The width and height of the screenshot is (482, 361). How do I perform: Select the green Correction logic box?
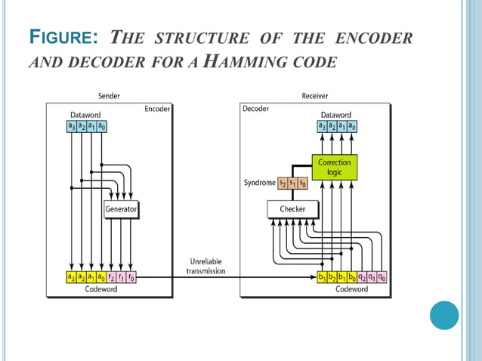(x=333, y=167)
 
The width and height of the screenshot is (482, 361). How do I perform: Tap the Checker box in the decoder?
(x=292, y=208)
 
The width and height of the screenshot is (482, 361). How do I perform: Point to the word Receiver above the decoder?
(x=314, y=96)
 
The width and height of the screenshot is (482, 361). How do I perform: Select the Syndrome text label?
(x=259, y=184)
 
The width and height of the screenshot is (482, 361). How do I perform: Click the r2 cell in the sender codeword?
(x=110, y=277)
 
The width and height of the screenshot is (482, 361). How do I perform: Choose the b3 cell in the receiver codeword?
(x=322, y=277)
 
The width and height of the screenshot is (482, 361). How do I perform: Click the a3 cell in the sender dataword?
(x=71, y=126)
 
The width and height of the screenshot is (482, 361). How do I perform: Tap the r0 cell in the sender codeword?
(x=131, y=277)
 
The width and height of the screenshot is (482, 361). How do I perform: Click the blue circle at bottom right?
(x=444, y=315)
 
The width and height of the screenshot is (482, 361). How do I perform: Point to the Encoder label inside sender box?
(x=156, y=109)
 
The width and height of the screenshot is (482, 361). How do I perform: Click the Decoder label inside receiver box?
(x=256, y=109)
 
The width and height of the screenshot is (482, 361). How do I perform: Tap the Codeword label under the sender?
(x=100, y=289)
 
